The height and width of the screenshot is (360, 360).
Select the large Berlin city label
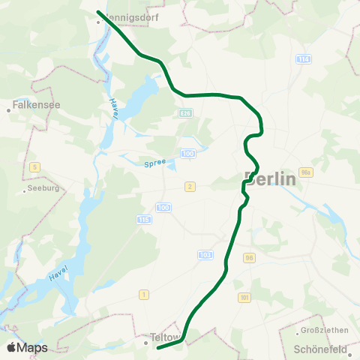pyautogui.click(x=270, y=179)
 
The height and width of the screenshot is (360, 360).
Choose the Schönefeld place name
pyautogui.click(x=320, y=349)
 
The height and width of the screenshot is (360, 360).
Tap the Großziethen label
pyautogui.click(x=321, y=331)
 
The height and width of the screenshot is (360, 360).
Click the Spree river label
pyautogui.click(x=153, y=162)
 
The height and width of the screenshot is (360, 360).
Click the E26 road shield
pyautogui.click(x=185, y=112)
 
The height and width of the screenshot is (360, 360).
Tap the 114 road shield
pyautogui.click(x=302, y=58)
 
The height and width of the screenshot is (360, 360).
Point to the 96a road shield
pyautogui.click(x=305, y=172)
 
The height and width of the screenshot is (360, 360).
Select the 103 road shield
pyautogui.click(x=205, y=254)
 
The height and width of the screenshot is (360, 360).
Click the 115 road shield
pyautogui.click(x=144, y=219)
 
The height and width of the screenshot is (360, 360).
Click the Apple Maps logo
pyautogui.click(x=27, y=347)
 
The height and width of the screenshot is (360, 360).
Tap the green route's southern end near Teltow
pyautogui.click(x=157, y=347)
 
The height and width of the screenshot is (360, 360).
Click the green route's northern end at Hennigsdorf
pyautogui.click(x=99, y=12)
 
